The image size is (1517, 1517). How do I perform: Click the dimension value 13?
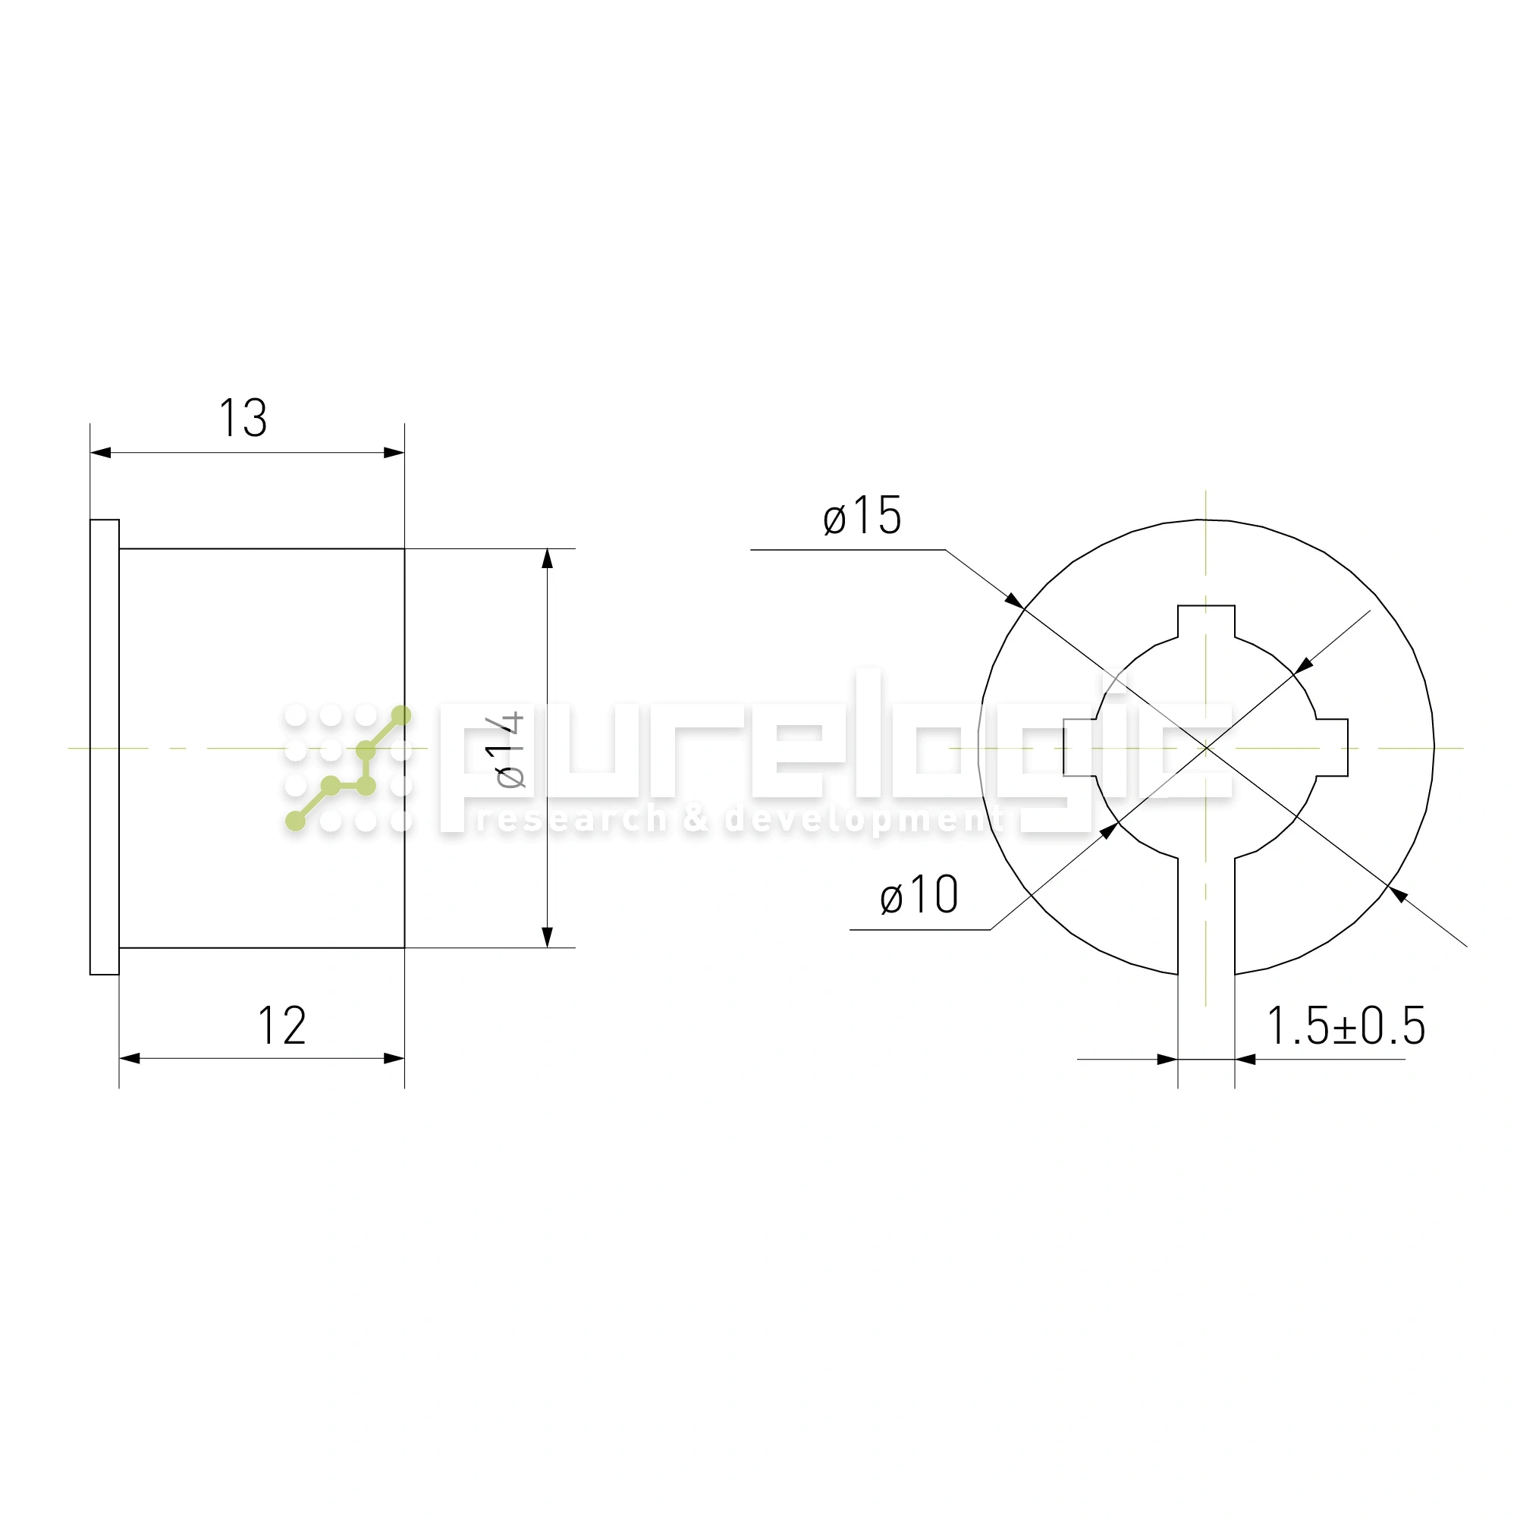(243, 418)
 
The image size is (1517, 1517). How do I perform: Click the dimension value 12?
(282, 1025)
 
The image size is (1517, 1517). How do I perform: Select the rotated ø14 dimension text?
(510, 751)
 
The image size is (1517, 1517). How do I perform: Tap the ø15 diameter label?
(862, 516)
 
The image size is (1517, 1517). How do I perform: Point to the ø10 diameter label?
(919, 895)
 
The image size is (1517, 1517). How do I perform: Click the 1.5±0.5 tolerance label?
(1346, 1025)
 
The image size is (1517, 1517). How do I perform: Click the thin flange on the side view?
(105, 748)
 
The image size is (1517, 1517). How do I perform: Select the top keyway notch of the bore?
(1206, 622)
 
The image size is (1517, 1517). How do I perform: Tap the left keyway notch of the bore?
(1080, 748)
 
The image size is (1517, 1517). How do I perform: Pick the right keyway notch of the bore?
(1332, 748)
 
